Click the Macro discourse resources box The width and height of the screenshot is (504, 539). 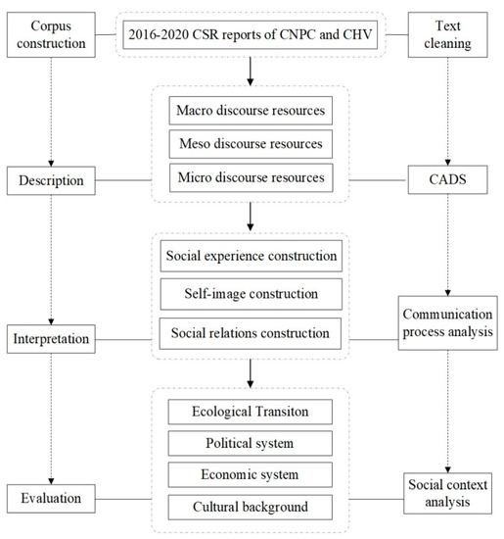click(252, 111)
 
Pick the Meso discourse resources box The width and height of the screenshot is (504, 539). click(252, 145)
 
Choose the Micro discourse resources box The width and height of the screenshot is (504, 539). click(252, 179)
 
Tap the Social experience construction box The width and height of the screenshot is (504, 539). click(252, 257)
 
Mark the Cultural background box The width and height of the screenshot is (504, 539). click(252, 507)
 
